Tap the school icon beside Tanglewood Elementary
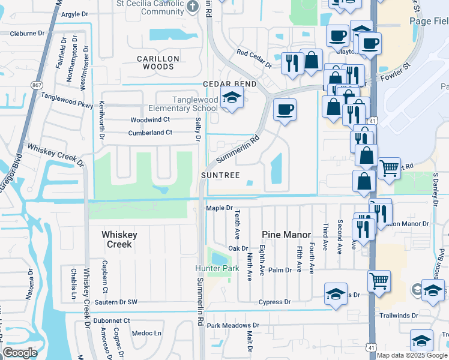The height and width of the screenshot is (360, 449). coord(230,98)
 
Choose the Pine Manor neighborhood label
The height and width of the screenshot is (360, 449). coord(286,235)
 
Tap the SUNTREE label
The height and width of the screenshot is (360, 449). coord(220,175)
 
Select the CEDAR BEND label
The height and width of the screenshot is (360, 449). coord(229,84)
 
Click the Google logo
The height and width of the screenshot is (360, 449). coord(20,352)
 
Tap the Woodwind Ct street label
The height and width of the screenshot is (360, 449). coord(151,120)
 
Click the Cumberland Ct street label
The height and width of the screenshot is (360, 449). coord(151,133)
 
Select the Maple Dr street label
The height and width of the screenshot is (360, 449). coord(219,208)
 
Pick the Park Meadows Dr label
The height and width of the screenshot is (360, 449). coord(233,326)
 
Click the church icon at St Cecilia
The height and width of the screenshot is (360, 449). coord(192,7)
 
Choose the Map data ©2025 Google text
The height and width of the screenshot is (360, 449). coord(412,355)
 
